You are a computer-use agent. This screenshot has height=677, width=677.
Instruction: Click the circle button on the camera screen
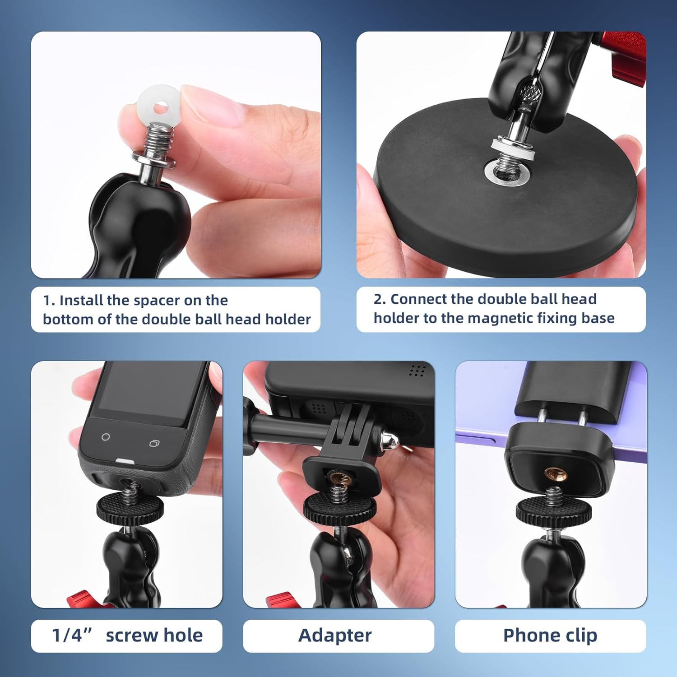click(106, 437)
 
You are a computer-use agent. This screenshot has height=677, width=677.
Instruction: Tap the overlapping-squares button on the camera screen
click(154, 443)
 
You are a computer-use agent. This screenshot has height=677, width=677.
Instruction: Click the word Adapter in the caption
click(335, 635)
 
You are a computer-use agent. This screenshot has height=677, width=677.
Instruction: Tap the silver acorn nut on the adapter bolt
click(389, 442)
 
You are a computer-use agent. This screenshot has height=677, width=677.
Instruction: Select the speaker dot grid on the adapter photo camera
click(417, 371)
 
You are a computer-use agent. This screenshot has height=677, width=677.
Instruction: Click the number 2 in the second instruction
click(379, 299)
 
